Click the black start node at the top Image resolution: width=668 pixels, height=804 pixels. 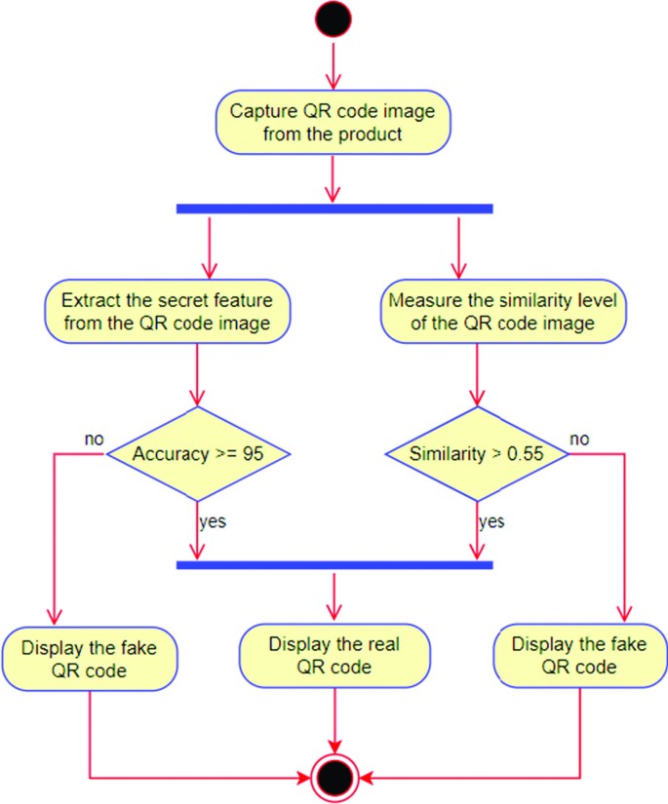coord(334,20)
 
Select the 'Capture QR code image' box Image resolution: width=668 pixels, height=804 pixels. coord(334,122)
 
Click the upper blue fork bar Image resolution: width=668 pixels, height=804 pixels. coord(334,208)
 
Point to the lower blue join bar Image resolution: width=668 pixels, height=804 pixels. coord(334,563)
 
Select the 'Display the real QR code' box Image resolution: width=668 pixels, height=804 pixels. coord(334,656)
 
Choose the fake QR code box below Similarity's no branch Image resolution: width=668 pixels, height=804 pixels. coord(578,656)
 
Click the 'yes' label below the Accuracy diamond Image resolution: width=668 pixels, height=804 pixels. coord(213,521)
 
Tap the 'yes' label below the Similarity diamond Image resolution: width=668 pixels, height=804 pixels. coord(491,521)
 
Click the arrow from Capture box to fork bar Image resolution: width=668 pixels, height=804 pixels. coord(334,177)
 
